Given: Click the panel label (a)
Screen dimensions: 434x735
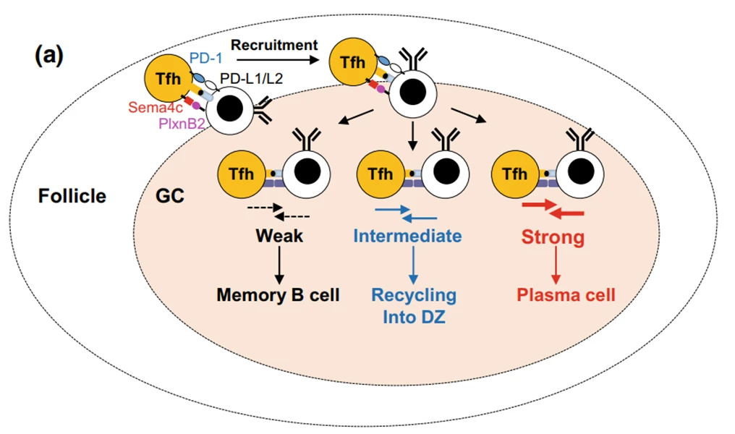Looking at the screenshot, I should tap(49, 56).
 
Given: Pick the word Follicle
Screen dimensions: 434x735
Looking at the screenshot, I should tap(72, 195).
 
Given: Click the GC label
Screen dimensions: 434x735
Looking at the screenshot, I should tap(169, 195).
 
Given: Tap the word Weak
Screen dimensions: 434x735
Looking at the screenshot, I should tap(278, 237).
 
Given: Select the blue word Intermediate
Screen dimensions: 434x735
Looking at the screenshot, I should tap(407, 237).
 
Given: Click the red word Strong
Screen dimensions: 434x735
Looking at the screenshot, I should tap(553, 237).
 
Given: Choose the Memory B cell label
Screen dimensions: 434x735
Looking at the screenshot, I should tap(279, 294).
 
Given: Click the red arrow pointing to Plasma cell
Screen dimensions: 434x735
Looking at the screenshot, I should tap(555, 265).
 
